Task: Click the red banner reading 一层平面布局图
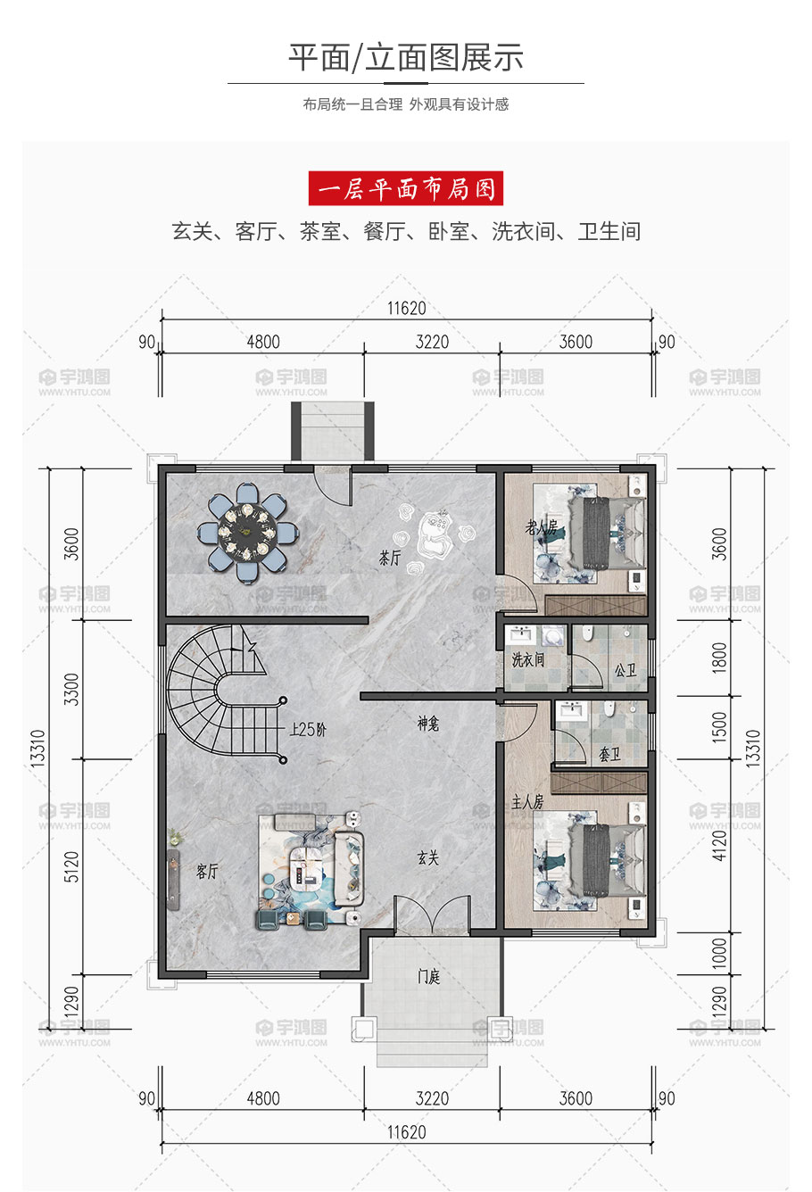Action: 405,188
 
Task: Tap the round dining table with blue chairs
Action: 247,532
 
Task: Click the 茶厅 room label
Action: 390,558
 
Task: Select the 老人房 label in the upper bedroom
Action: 541,527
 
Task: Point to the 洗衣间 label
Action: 528,660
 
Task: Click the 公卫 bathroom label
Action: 626,670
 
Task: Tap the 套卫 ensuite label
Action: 609,754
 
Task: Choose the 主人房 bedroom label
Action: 527,801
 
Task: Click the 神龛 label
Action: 427,724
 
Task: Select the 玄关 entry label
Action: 427,857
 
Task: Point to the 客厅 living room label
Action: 207,871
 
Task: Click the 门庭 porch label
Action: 428,976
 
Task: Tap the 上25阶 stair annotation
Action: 308,729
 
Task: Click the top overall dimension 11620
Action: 407,308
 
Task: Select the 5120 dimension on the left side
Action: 71,867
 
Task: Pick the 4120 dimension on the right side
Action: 719,846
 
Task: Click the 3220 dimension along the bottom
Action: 432,1097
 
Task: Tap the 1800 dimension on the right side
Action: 719,658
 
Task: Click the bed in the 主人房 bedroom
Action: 590,860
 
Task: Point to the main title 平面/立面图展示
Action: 406,57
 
